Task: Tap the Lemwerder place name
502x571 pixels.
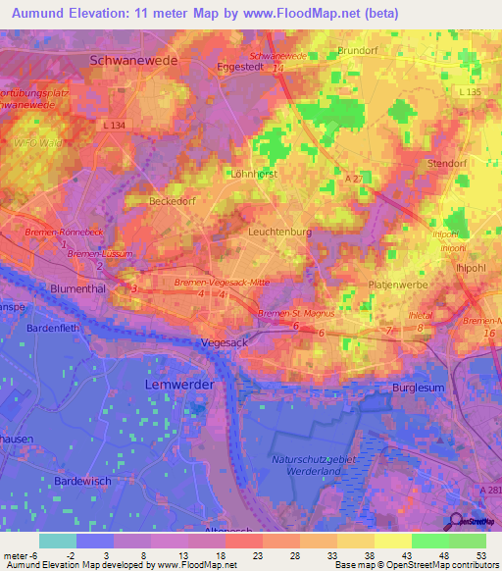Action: [178, 385]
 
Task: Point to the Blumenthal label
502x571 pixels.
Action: [83, 289]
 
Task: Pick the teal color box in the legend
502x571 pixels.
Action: [58, 541]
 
